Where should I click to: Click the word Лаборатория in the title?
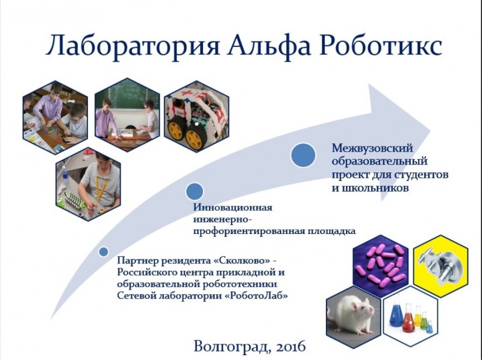click(133, 46)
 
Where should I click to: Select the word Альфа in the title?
click(269, 46)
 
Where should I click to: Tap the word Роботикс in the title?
click(381, 46)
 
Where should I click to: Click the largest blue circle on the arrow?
click(303, 156)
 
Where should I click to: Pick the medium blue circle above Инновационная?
click(195, 191)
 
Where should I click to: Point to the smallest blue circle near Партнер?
click(104, 251)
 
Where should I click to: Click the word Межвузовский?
click(372, 148)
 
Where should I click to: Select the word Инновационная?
click(233, 207)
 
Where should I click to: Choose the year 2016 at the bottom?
click(291, 347)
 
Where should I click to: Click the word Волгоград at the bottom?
click(233, 347)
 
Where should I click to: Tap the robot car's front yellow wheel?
click(194, 140)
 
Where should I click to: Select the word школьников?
click(370, 188)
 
